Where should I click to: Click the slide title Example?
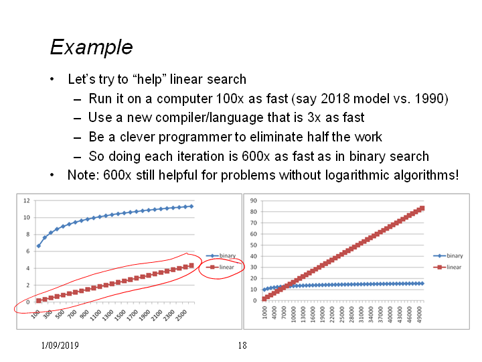91,48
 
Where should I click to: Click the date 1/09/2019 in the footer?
60,345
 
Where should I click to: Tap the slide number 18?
242,345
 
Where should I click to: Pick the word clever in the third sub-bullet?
137,137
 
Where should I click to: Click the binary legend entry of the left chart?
221,256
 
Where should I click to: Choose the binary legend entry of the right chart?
448,256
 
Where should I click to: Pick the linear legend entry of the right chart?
447,267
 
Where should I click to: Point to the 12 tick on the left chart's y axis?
27,200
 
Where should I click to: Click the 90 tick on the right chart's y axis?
254,200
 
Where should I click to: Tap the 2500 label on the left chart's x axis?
181,315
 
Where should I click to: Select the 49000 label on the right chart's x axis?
420,314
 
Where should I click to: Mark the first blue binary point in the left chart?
38,246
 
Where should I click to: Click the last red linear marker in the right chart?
422,208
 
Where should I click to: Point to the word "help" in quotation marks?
150,79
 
